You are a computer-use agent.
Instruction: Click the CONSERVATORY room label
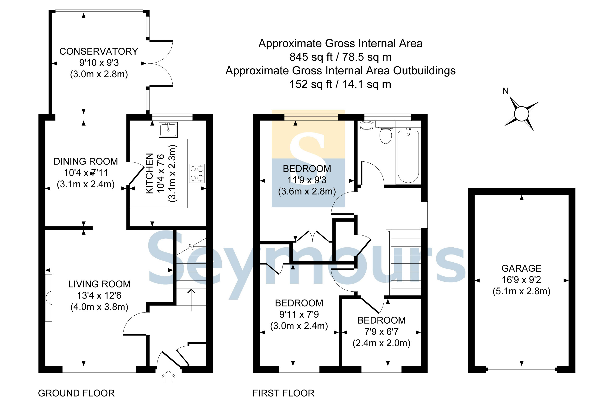coord(99,51)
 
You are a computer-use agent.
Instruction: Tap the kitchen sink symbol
coord(168,130)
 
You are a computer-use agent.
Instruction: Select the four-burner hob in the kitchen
coord(197,173)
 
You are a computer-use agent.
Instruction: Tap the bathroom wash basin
coord(366,125)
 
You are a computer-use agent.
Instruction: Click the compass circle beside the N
coord(521,114)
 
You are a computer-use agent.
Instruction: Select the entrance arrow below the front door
coord(168,377)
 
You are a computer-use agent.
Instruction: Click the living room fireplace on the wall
coord(49,298)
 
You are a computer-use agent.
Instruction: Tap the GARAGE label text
coord(521,268)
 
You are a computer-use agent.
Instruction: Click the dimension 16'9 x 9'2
coord(521,280)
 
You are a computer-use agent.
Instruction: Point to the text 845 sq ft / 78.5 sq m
coord(340,57)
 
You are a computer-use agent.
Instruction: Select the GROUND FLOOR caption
coord(76,393)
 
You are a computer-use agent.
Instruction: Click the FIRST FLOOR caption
coord(283,393)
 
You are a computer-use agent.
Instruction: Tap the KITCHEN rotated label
coord(149,173)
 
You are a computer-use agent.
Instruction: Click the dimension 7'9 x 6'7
coord(381,332)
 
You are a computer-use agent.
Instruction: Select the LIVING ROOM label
coord(99,284)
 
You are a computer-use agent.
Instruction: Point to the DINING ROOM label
coord(86,161)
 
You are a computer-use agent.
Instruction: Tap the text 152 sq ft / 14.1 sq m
coord(340,84)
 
